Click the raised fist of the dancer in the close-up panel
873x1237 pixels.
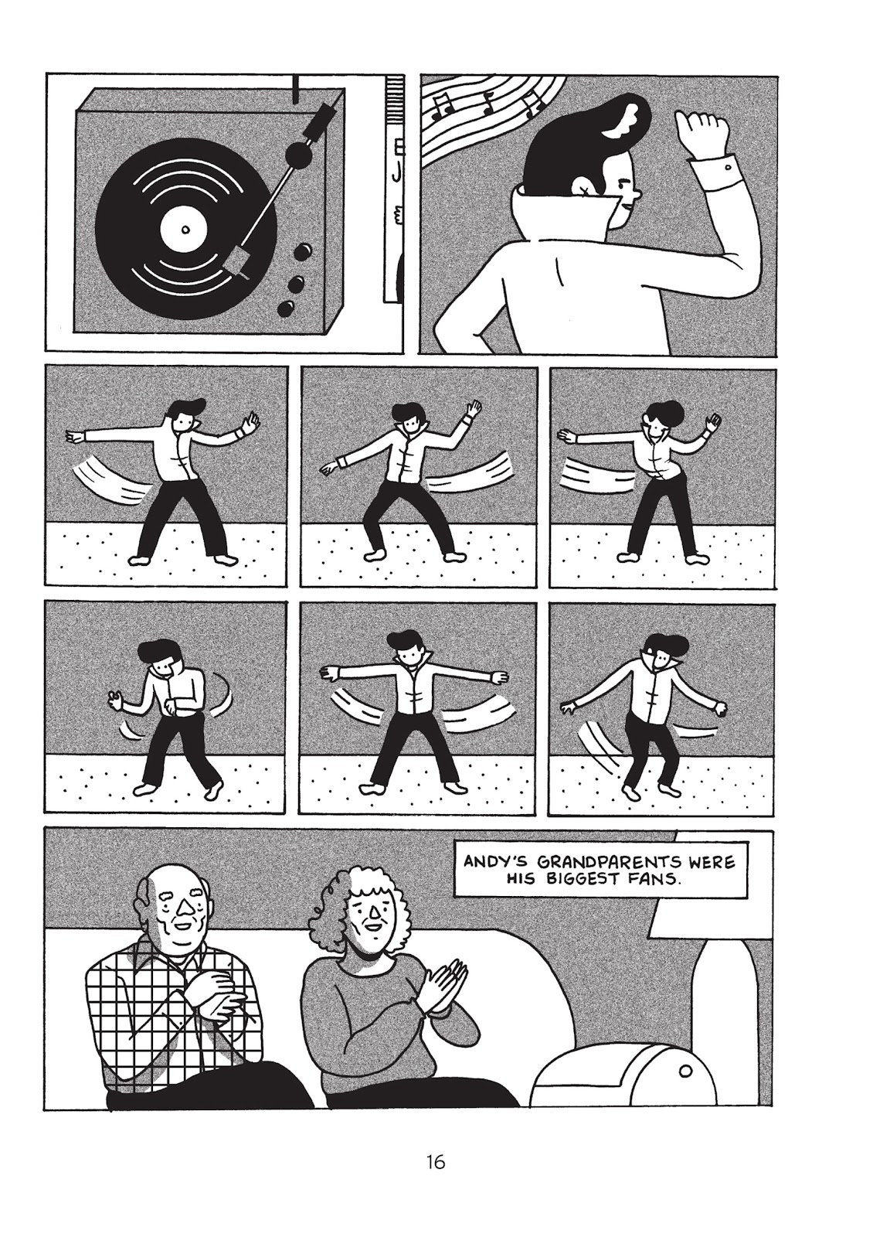(x=699, y=133)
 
